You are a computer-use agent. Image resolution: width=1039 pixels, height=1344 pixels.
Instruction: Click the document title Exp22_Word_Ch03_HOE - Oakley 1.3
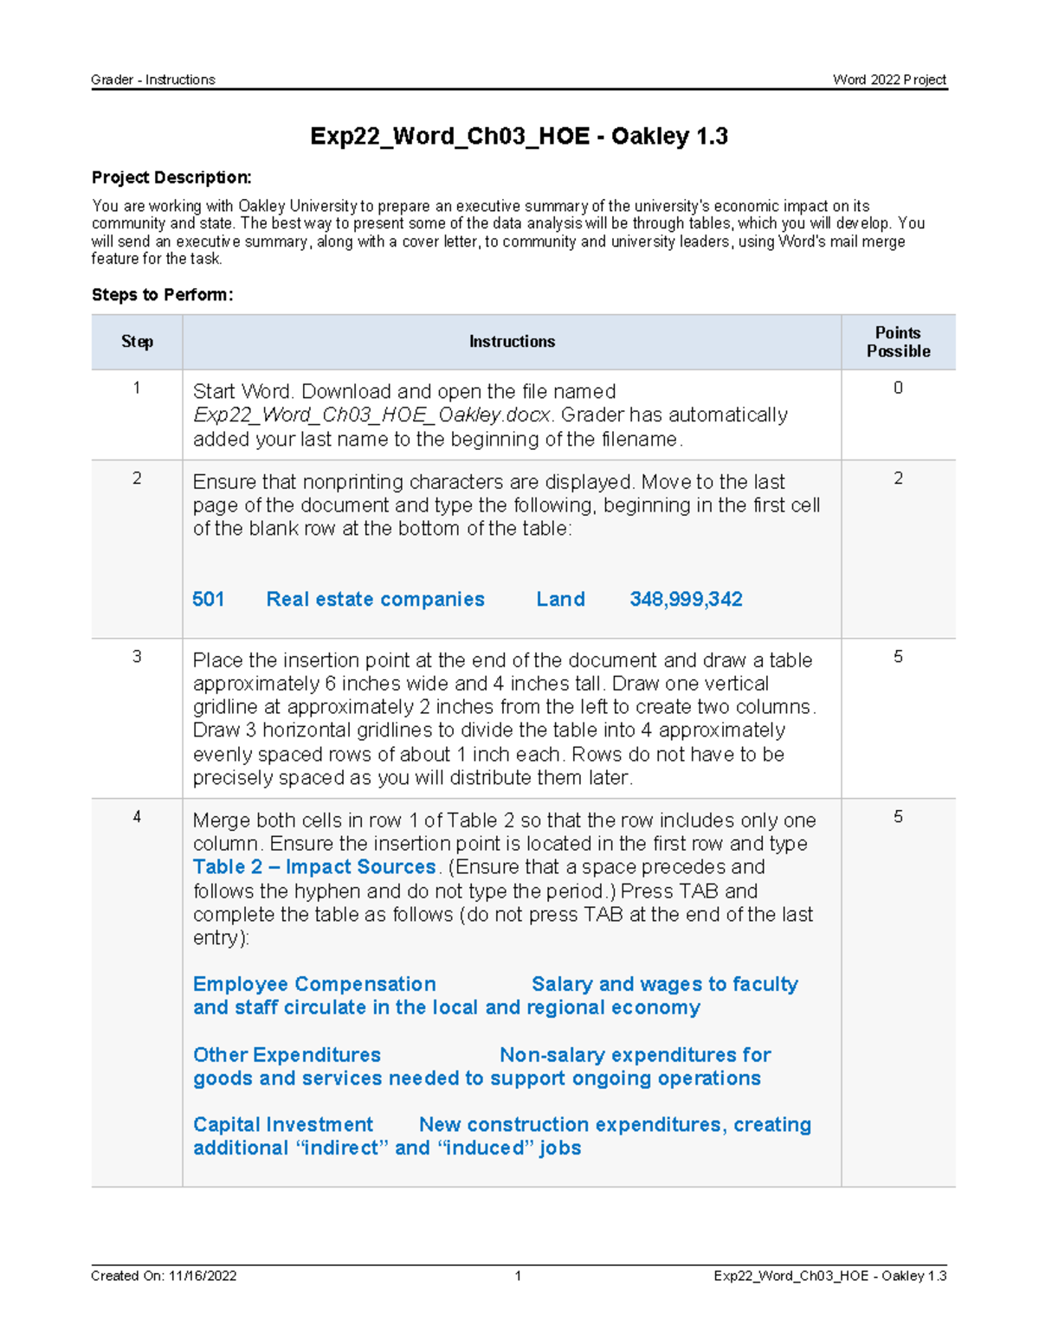click(x=519, y=136)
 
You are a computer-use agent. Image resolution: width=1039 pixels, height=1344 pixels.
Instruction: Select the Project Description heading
click(x=171, y=177)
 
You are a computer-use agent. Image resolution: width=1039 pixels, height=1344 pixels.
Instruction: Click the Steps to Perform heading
click(x=162, y=294)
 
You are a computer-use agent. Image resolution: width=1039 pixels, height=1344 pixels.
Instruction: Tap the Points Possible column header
click(x=898, y=342)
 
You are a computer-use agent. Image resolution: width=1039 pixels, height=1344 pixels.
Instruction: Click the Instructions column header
click(x=512, y=342)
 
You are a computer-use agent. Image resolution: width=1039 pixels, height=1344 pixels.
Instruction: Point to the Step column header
click(x=137, y=342)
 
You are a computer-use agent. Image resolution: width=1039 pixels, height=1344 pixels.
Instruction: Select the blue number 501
click(x=208, y=599)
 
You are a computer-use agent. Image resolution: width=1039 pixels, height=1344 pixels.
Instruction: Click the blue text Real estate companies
click(x=375, y=599)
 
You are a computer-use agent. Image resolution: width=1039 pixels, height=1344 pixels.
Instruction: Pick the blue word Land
click(x=560, y=599)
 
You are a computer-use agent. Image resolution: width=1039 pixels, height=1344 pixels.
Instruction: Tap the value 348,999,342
click(x=686, y=599)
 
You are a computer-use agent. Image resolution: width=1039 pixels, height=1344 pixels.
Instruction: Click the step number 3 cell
click(x=137, y=657)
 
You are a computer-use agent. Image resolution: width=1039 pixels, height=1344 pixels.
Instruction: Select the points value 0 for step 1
click(x=898, y=388)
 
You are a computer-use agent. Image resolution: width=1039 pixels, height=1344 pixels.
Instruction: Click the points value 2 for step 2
click(x=898, y=479)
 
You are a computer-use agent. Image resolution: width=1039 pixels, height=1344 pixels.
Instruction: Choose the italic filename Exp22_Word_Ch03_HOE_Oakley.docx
click(x=371, y=415)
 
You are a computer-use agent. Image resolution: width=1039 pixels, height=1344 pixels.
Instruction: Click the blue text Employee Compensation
click(x=314, y=984)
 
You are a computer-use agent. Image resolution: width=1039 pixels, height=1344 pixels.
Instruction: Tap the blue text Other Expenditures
click(x=287, y=1055)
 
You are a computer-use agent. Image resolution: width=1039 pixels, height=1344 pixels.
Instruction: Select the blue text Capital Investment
click(x=283, y=1124)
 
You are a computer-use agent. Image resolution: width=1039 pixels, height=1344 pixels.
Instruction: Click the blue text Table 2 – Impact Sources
click(x=314, y=867)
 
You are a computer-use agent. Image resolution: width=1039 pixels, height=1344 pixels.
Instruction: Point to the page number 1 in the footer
click(x=518, y=1276)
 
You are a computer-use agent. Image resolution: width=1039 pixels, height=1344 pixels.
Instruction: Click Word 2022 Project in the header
click(x=889, y=80)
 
